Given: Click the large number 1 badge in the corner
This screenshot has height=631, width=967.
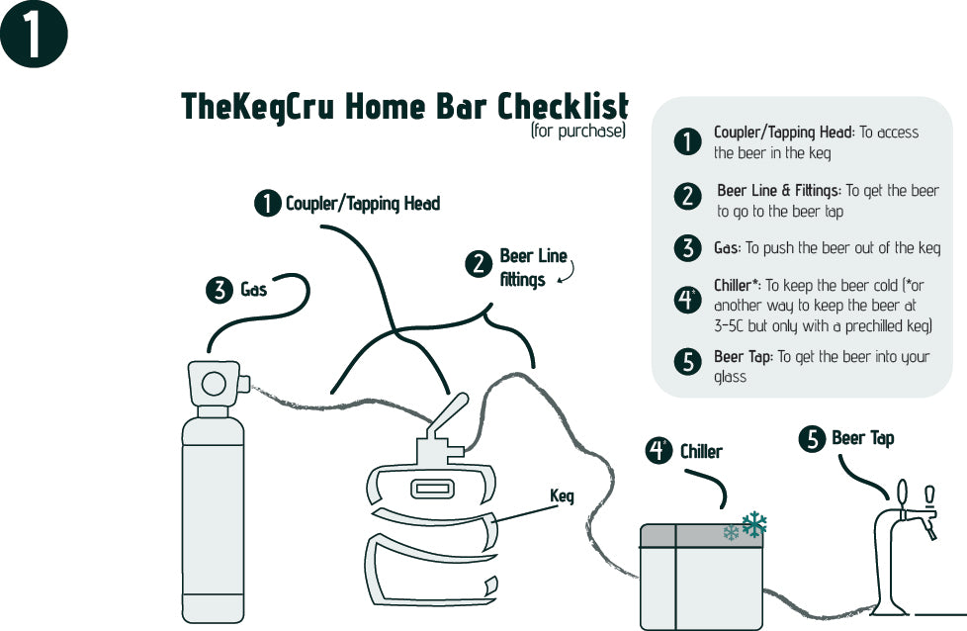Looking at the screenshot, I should point(34,35).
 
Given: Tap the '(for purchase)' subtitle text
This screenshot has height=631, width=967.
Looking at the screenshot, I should point(577,131).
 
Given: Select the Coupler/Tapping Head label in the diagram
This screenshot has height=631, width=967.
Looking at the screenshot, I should point(362,204).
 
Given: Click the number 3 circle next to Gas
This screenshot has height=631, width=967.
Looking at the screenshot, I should point(218,290).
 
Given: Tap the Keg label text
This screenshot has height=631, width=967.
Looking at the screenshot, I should point(562,496).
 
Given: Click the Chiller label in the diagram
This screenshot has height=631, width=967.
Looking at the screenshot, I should point(701,451).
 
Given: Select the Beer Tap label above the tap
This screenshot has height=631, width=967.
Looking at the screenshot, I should point(862,438).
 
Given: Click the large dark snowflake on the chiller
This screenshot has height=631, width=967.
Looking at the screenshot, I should point(754,524).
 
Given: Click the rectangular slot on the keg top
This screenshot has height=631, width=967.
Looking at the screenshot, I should point(431,489).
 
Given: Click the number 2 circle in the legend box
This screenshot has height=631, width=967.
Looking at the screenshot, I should point(687,196).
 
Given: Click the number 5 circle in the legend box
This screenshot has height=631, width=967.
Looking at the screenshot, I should point(687,362).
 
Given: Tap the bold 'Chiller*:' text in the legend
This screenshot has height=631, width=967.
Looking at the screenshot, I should point(737,286).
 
